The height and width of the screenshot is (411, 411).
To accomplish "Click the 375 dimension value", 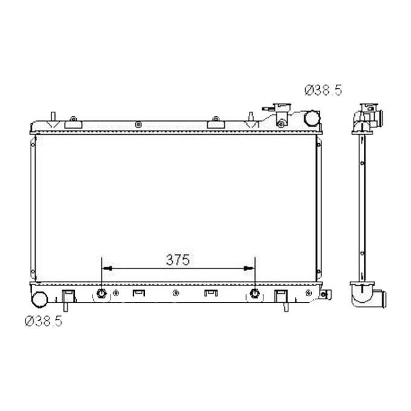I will coord(178,260).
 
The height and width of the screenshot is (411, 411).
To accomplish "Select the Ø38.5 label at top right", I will coord(323,91).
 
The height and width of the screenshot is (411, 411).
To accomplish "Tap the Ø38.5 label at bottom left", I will coord(43,322).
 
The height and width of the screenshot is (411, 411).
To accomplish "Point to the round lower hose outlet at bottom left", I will coord(41,298).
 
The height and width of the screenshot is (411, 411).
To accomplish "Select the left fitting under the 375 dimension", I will coord(102,294).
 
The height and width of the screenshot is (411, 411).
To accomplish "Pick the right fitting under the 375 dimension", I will coord(255,294).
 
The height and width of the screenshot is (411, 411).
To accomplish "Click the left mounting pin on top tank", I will coord(53,117).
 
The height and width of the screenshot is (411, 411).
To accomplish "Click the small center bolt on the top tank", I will coord(140,125).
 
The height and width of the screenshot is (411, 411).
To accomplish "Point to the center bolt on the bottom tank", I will coord(175,294).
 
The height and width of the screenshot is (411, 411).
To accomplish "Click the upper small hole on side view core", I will coord(361,163).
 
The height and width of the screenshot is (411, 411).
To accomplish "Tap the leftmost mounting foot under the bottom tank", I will coord(68,297).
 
